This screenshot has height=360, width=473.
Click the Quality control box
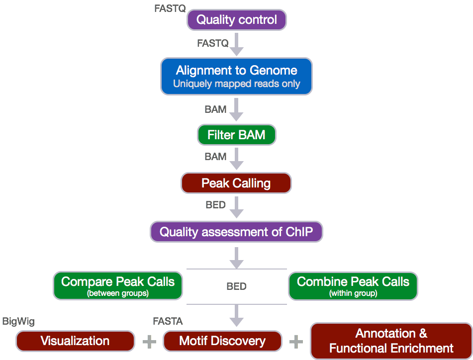click(236, 20)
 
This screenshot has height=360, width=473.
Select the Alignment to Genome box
click(236, 76)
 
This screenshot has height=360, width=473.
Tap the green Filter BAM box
click(236, 135)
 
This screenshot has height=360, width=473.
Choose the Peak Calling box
click(236, 183)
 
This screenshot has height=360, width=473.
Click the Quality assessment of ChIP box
click(236, 232)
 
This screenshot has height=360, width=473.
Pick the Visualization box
click(75, 341)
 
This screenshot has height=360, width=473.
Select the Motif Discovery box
click(222, 341)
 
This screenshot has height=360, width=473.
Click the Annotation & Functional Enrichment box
click(391, 341)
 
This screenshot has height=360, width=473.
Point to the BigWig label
click(18, 322)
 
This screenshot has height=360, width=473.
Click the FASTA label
click(168, 322)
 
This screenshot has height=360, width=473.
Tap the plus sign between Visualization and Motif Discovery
click(149, 342)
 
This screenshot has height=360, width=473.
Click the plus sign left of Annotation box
click(296, 342)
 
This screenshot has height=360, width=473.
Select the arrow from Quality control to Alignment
click(236, 44)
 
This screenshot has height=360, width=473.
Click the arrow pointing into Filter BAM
click(236, 110)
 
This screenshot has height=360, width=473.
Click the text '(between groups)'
click(118, 293)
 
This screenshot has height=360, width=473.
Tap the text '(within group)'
click(353, 293)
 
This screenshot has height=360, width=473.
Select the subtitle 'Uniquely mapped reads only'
click(236, 84)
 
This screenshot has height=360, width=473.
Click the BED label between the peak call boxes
click(236, 286)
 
